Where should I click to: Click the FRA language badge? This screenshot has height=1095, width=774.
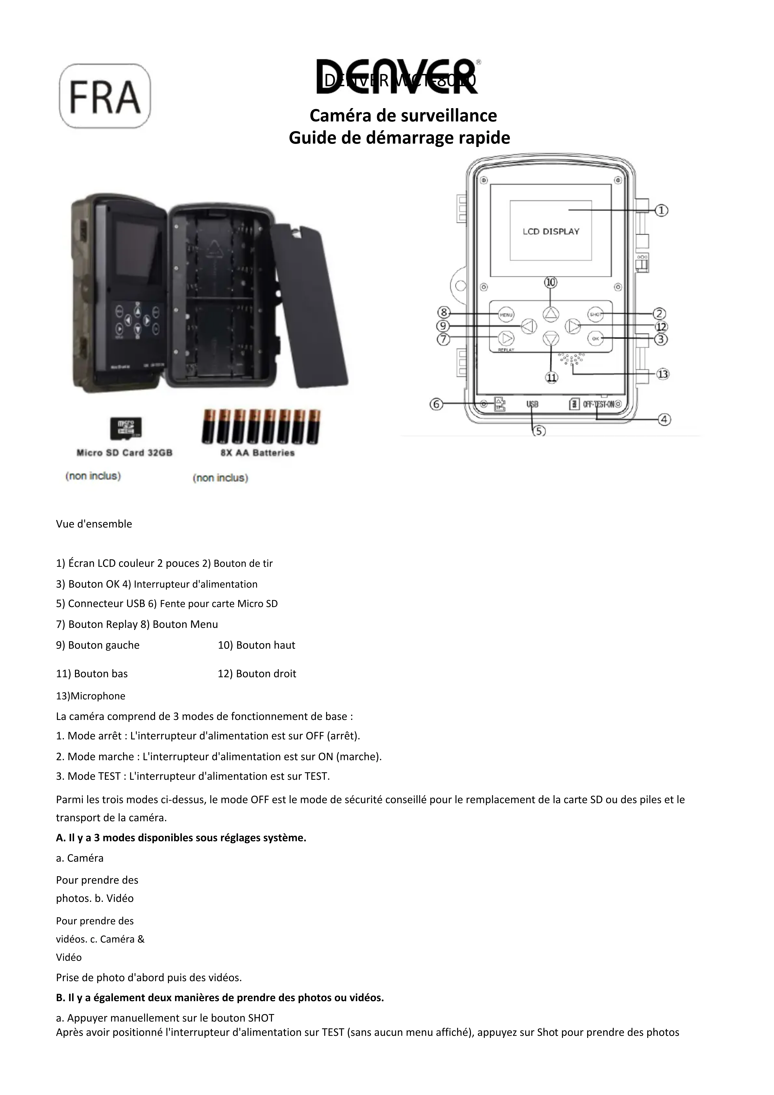click(x=105, y=96)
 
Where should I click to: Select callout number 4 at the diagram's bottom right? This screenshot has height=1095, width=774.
click(x=665, y=420)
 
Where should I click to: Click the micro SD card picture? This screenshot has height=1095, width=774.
click(x=125, y=428)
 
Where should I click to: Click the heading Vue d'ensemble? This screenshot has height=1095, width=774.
click(x=94, y=524)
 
